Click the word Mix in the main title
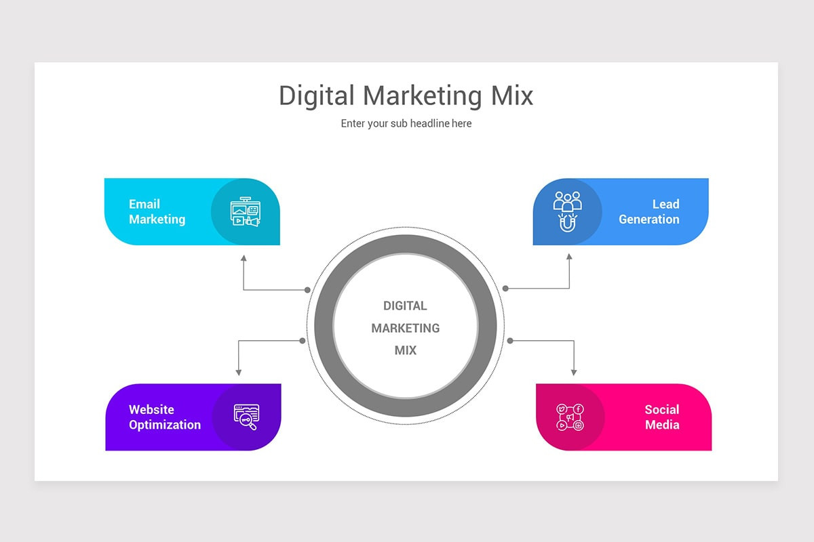click(511, 96)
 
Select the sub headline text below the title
click(406, 123)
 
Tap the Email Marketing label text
click(157, 211)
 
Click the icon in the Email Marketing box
click(246, 211)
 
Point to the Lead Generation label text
click(649, 211)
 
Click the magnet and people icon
click(567, 211)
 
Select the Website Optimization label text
click(165, 417)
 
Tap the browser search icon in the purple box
click(246, 417)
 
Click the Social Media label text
click(662, 417)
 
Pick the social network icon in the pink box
click(570, 417)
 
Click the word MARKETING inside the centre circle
click(406, 328)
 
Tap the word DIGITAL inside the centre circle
click(405, 306)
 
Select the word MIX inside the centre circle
click(406, 350)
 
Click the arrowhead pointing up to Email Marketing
click(244, 257)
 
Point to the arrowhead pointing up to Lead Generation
click(569, 256)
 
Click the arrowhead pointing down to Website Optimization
click(238, 373)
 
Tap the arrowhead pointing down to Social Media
click(574, 373)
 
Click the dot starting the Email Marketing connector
click(307, 290)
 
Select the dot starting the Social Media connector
click(510, 341)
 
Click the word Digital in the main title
click(317, 96)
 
